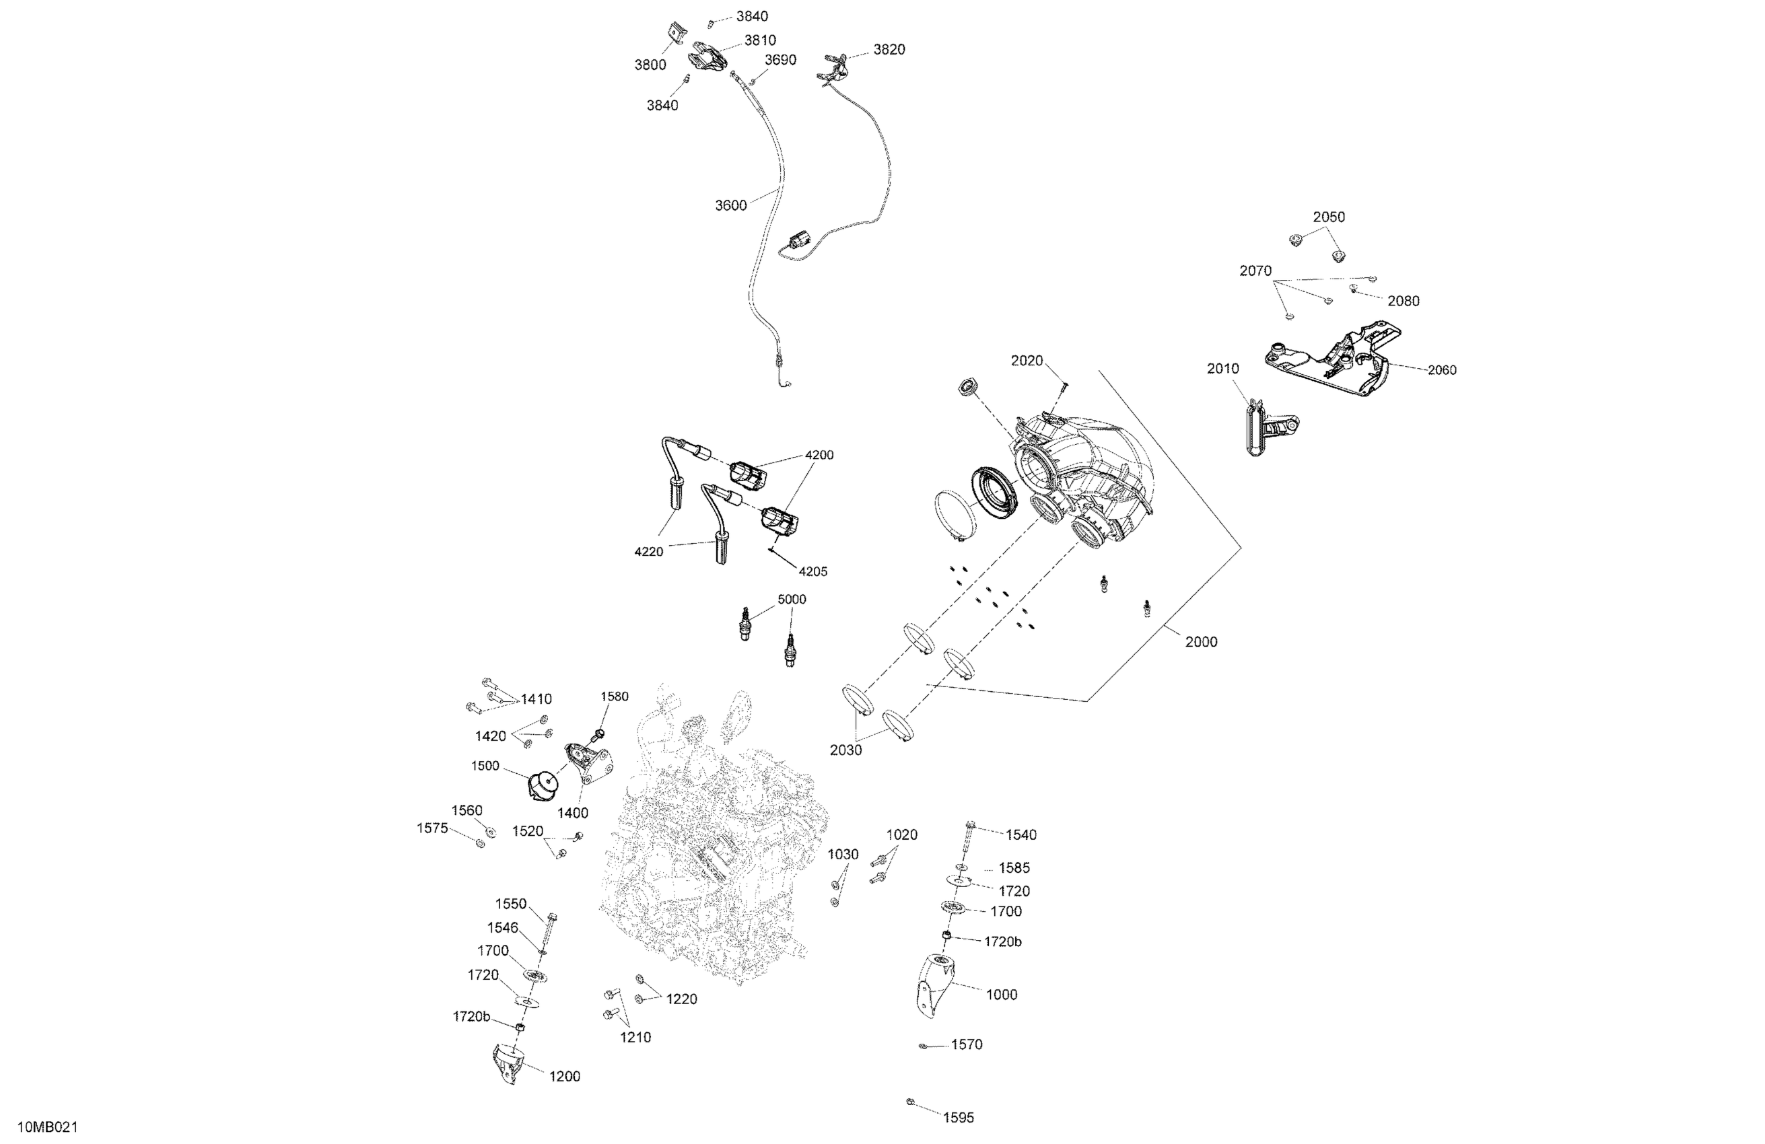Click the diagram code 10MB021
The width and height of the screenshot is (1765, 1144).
point(48,1128)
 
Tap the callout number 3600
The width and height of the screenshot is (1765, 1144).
point(730,205)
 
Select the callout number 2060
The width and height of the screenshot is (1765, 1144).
point(1442,370)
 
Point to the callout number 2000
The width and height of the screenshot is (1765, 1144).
point(1201,642)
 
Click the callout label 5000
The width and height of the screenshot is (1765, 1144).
point(791,599)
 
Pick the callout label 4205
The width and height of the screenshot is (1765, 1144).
point(812,571)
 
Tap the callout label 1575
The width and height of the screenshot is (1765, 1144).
point(432,828)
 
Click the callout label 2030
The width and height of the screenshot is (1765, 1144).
point(845,750)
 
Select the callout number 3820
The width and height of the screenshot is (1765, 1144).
point(889,50)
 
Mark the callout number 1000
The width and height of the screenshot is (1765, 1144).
point(1001,995)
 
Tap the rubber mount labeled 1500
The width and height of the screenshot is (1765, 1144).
point(544,785)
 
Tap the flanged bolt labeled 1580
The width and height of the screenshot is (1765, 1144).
point(599,734)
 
